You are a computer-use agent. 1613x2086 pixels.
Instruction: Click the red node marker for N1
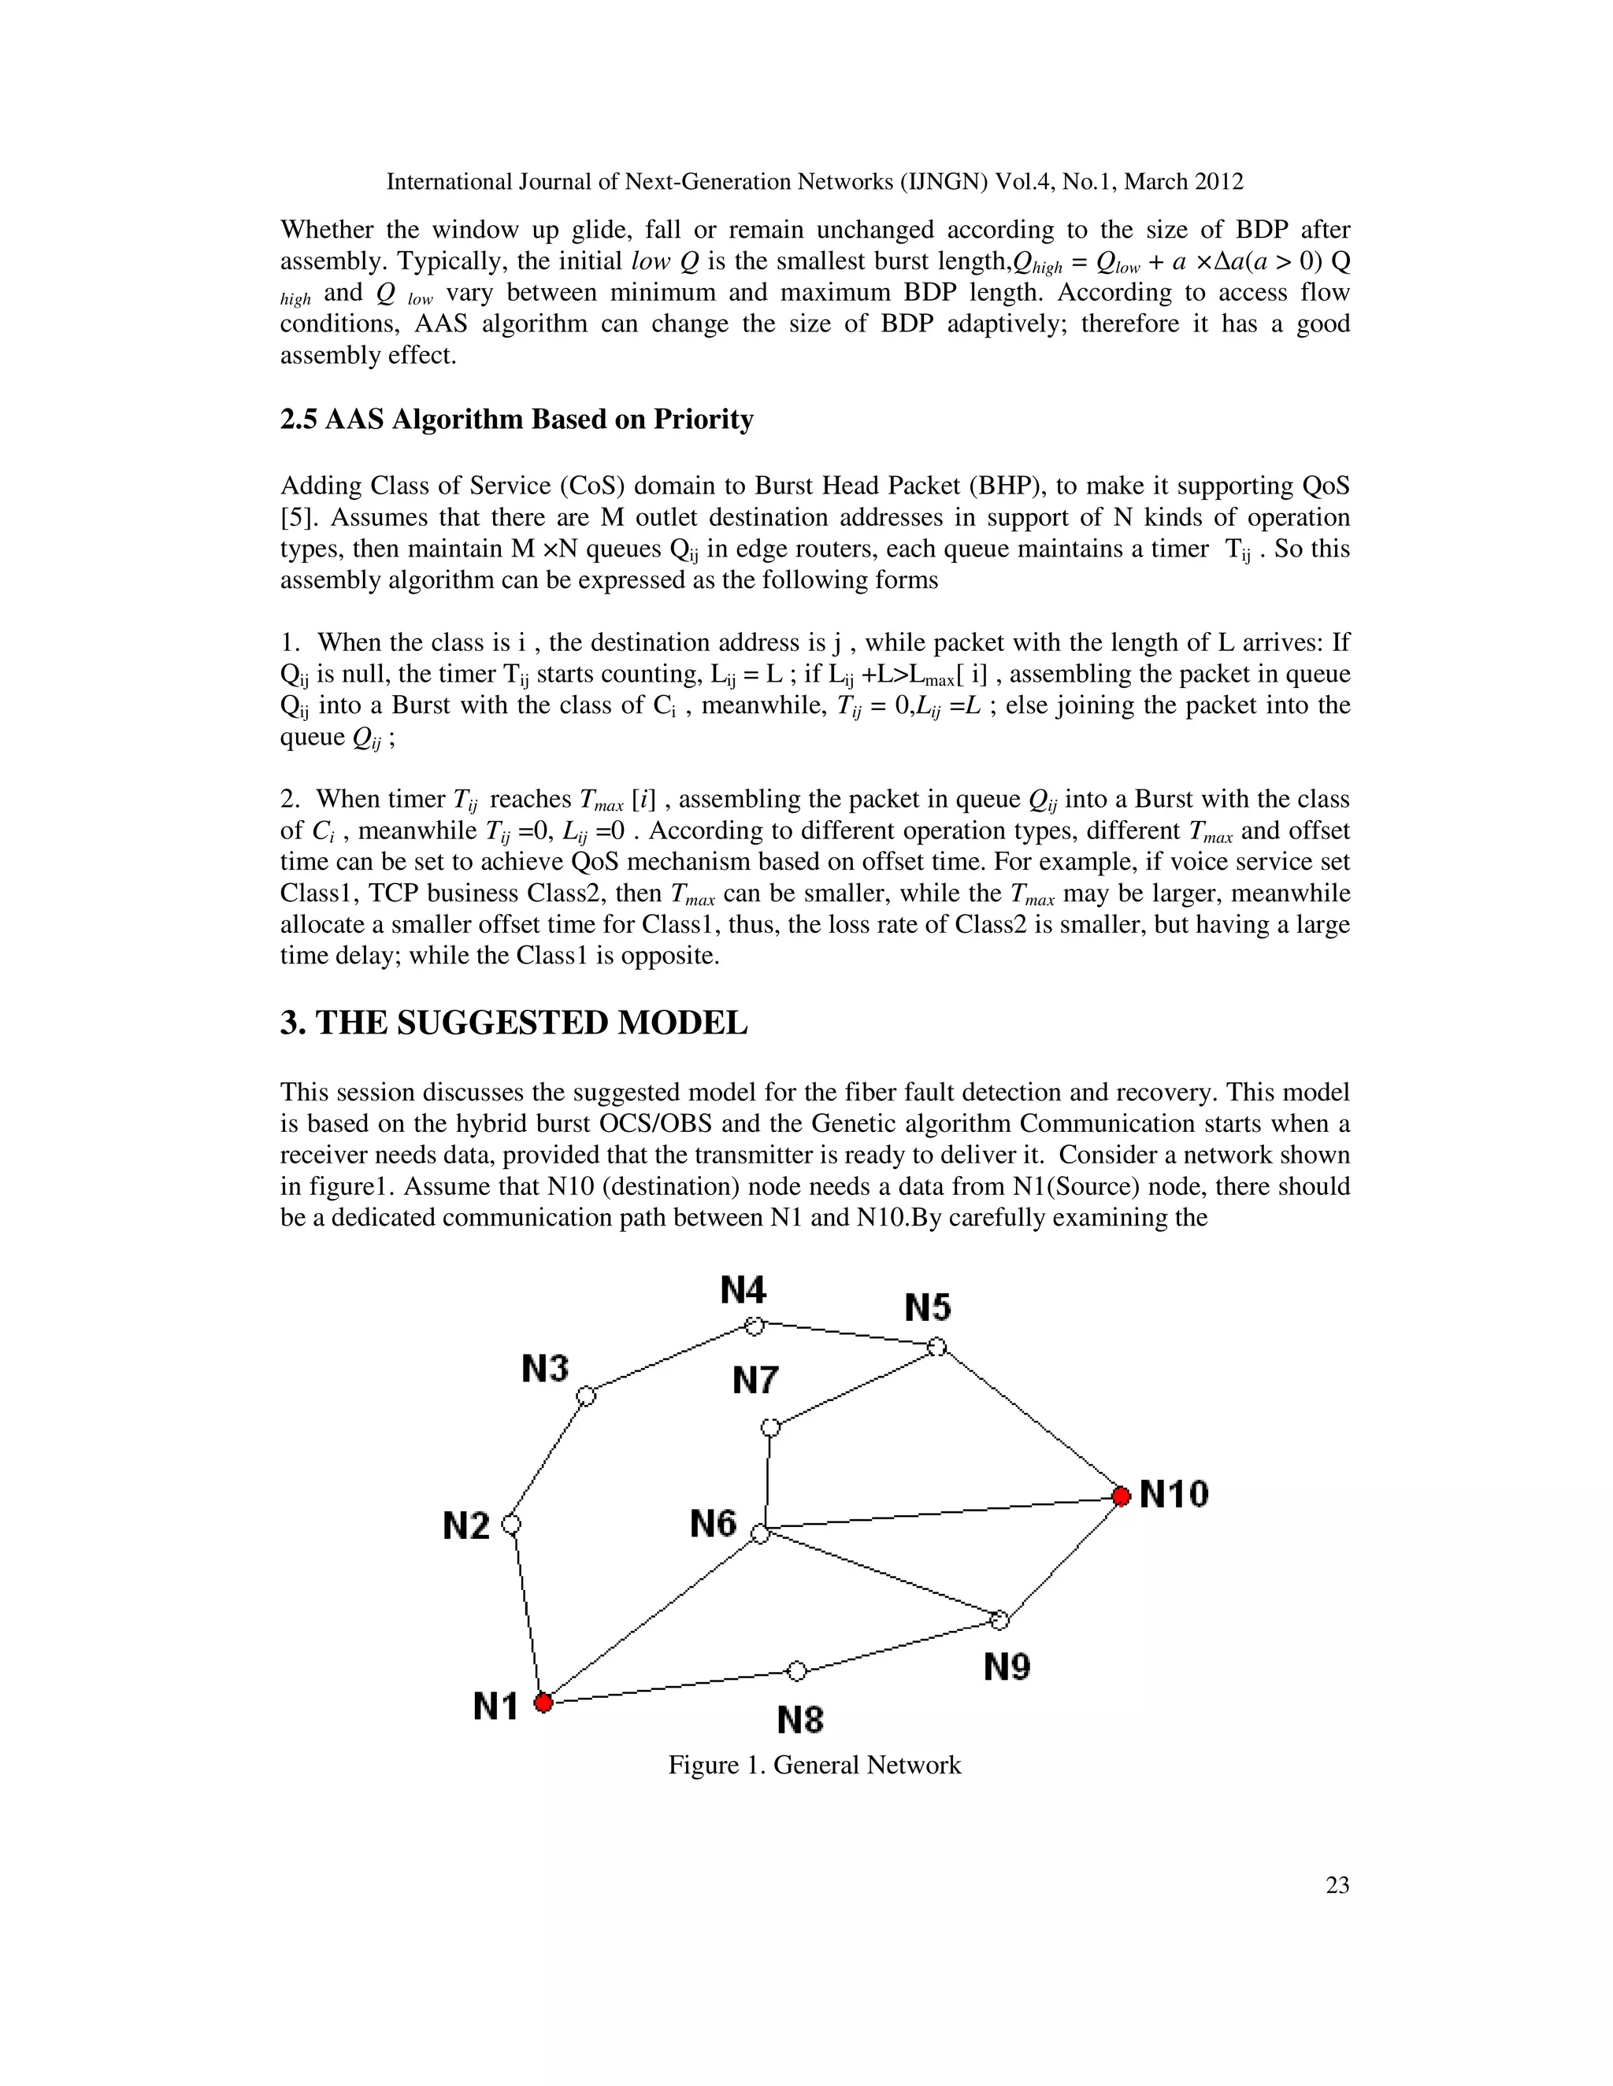coord(543,1702)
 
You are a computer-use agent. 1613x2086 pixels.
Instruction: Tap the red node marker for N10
coord(1122,1495)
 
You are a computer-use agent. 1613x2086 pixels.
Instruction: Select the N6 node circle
coord(760,1535)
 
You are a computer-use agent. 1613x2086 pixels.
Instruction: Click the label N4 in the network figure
coord(743,1290)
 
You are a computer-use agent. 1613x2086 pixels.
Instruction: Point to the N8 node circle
coord(797,1670)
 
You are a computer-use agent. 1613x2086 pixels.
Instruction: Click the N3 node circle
coord(587,1396)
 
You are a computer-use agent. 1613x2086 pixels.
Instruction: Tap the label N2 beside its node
coord(466,1526)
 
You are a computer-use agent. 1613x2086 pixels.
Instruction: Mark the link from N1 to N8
coord(669,1687)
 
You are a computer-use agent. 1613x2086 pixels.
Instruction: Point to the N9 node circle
coord(999,1620)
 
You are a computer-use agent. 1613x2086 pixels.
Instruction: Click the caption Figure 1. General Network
coord(814,1764)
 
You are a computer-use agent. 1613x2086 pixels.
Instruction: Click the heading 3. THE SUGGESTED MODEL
coord(514,1023)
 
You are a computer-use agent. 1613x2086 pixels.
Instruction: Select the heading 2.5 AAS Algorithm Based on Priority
coord(516,420)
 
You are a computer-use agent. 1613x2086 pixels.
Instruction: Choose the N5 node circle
coord(937,1347)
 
